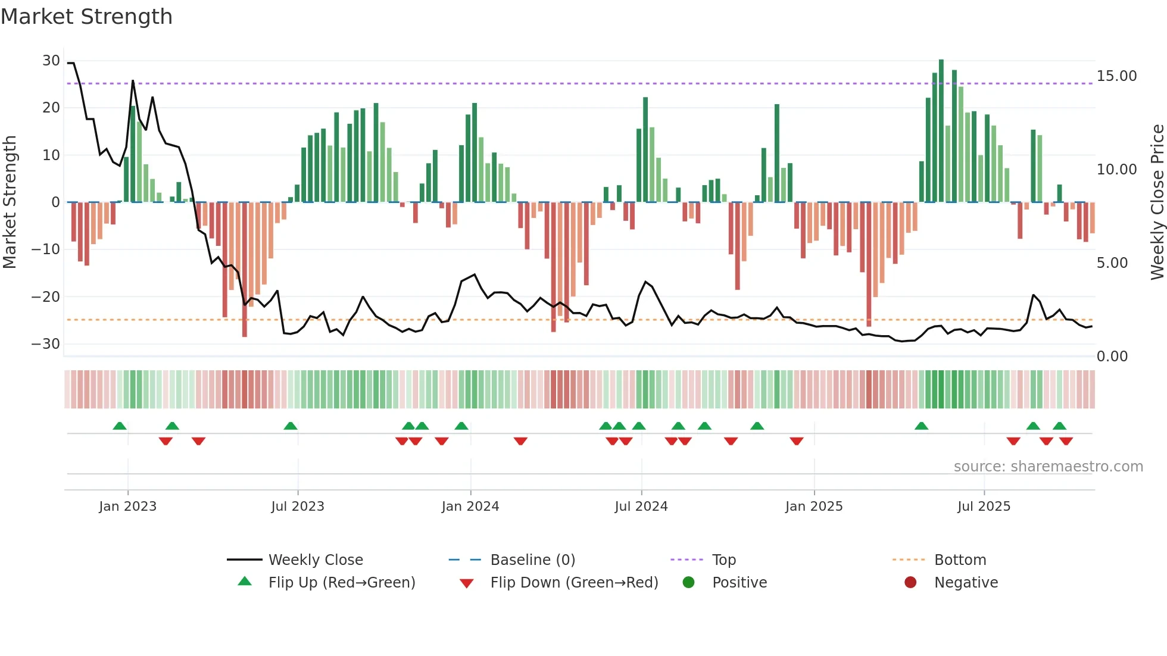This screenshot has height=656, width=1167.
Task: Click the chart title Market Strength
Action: [x=86, y=17]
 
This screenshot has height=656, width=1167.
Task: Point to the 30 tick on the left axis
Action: [x=51, y=61]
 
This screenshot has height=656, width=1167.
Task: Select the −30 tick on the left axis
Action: [x=46, y=344]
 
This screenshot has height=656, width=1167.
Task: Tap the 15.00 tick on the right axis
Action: [x=1116, y=76]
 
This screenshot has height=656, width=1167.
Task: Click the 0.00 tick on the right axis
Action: [x=1112, y=357]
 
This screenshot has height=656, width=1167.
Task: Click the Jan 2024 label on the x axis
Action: [x=470, y=507]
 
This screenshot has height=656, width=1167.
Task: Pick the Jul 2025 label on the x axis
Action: [x=984, y=507]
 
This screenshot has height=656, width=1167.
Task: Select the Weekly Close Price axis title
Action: [x=1157, y=202]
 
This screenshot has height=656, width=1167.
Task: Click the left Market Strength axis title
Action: [x=10, y=202]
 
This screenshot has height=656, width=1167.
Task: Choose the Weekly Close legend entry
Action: [x=315, y=560]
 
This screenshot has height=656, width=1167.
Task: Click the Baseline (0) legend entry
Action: [x=532, y=560]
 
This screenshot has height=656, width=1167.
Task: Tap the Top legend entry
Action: [x=723, y=560]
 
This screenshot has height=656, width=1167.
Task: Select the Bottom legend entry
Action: [x=960, y=560]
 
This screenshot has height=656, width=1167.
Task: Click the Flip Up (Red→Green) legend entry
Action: [x=341, y=583]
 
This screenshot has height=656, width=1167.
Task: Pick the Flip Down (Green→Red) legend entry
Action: [x=574, y=583]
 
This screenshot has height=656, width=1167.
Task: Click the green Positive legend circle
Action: [x=688, y=583]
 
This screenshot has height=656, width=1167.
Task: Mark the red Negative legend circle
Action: [x=910, y=583]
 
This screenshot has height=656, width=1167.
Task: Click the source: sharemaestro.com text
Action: [x=1048, y=467]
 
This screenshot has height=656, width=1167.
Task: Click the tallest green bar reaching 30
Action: [x=941, y=131]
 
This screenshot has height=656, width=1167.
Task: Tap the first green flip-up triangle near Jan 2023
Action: [x=120, y=426]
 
